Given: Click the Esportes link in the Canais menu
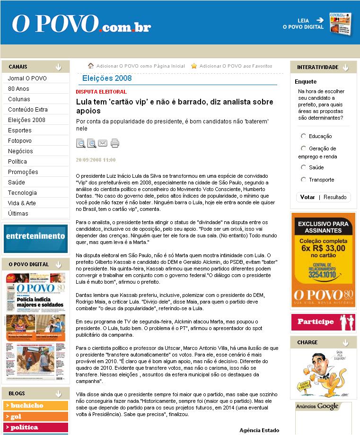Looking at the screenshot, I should coord(20,130).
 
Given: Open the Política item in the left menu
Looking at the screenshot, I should coord(18,162).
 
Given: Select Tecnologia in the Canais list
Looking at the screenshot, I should coord(22,193).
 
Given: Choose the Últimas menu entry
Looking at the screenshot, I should coord(18,214).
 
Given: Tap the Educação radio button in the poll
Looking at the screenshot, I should coord(303,136).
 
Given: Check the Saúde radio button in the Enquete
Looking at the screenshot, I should coord(303,167).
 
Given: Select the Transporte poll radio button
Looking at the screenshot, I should coord(303,180).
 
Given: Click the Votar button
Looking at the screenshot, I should coord(307,197).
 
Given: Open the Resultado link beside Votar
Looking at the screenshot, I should coord(335,197).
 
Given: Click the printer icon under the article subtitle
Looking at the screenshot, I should coord(115,143).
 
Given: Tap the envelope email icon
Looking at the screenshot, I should coord(103,143).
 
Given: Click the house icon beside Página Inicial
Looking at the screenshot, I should coord(91,66).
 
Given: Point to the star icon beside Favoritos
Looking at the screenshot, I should coord(194,66).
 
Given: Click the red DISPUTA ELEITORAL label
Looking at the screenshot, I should coord(101,92).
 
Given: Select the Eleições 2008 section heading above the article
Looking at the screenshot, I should coord(107,78).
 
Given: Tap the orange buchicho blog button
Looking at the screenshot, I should coord(35,406).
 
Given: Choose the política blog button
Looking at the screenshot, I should coord(35,427).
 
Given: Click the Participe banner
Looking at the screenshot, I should coord(323,322).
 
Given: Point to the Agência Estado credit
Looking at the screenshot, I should coord(259,430).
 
